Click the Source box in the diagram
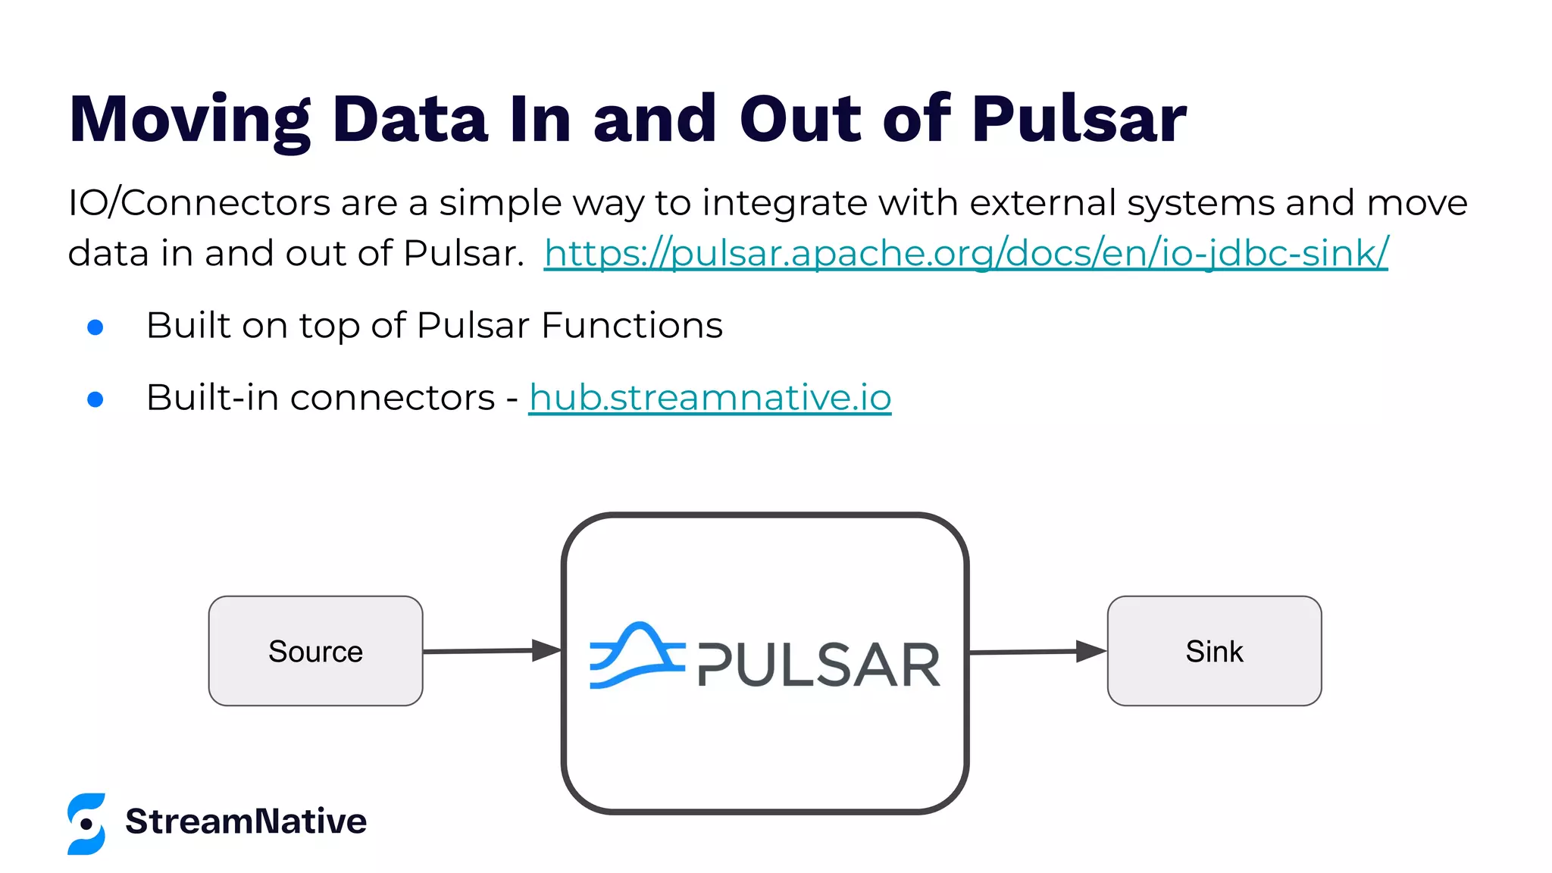(x=315, y=651)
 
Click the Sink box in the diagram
(x=1214, y=651)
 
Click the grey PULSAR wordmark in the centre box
(x=818, y=665)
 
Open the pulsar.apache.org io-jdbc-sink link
(x=965, y=253)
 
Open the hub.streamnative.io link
(x=709, y=398)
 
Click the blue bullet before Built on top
(x=95, y=327)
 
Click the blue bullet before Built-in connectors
(x=95, y=399)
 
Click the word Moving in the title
(x=189, y=120)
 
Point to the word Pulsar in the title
(x=1079, y=120)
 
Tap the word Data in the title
(x=410, y=120)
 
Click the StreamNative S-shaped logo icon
(x=86, y=824)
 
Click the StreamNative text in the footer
(x=246, y=821)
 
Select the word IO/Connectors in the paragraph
(x=199, y=203)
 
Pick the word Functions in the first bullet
(x=632, y=326)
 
